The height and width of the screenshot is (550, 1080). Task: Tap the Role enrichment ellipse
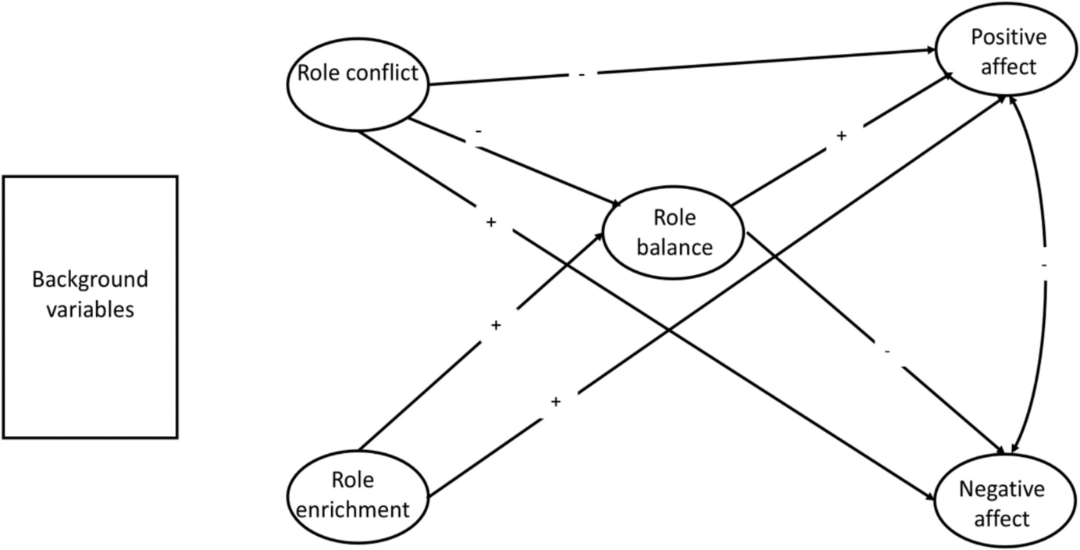point(359,496)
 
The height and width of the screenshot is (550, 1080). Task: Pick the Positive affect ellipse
point(1003,52)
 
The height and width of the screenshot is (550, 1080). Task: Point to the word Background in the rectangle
point(90,280)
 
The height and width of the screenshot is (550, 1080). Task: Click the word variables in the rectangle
point(90,309)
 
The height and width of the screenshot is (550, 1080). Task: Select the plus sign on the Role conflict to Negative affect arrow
point(490,223)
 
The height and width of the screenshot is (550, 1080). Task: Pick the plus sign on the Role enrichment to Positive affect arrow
point(556,402)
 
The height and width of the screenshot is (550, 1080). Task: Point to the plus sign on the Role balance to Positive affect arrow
point(842,135)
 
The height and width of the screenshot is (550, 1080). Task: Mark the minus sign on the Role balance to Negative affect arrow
point(888,352)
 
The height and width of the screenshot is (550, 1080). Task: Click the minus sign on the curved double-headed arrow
point(1044,266)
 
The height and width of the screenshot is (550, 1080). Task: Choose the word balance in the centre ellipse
point(675,247)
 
